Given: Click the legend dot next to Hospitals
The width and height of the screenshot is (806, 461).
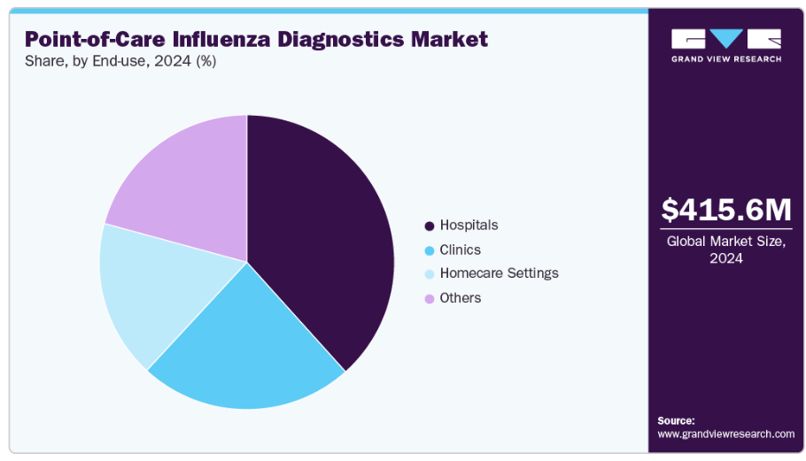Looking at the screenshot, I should [x=430, y=226].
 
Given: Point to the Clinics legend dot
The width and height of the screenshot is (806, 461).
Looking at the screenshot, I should [x=430, y=250].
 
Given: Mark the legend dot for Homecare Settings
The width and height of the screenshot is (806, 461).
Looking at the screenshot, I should [x=430, y=274].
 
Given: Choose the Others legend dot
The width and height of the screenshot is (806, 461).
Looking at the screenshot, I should [x=430, y=298].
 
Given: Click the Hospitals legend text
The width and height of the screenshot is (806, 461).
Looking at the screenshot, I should [x=469, y=226].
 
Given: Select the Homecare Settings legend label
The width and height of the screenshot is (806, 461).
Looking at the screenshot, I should [x=499, y=273].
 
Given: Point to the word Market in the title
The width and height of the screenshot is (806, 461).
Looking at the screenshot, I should [x=454, y=39].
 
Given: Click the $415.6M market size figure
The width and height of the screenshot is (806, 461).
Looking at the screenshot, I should [x=726, y=210].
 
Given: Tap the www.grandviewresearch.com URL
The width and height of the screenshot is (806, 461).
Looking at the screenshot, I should [x=725, y=434].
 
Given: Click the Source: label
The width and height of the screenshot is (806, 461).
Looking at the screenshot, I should [x=676, y=420].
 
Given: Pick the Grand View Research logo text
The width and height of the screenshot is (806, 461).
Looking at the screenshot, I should [x=726, y=59].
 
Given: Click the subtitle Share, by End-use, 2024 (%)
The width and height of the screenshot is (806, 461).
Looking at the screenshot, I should [x=120, y=61].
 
